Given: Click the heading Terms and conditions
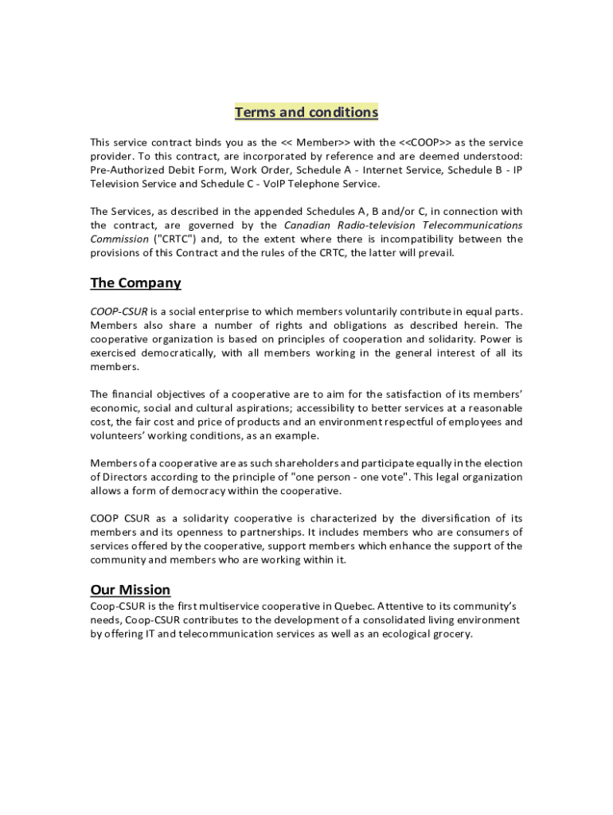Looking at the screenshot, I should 306,112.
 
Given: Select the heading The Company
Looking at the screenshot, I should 135,283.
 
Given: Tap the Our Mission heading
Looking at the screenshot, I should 130,590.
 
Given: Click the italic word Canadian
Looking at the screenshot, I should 309,225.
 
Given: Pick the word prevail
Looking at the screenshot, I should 434,252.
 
